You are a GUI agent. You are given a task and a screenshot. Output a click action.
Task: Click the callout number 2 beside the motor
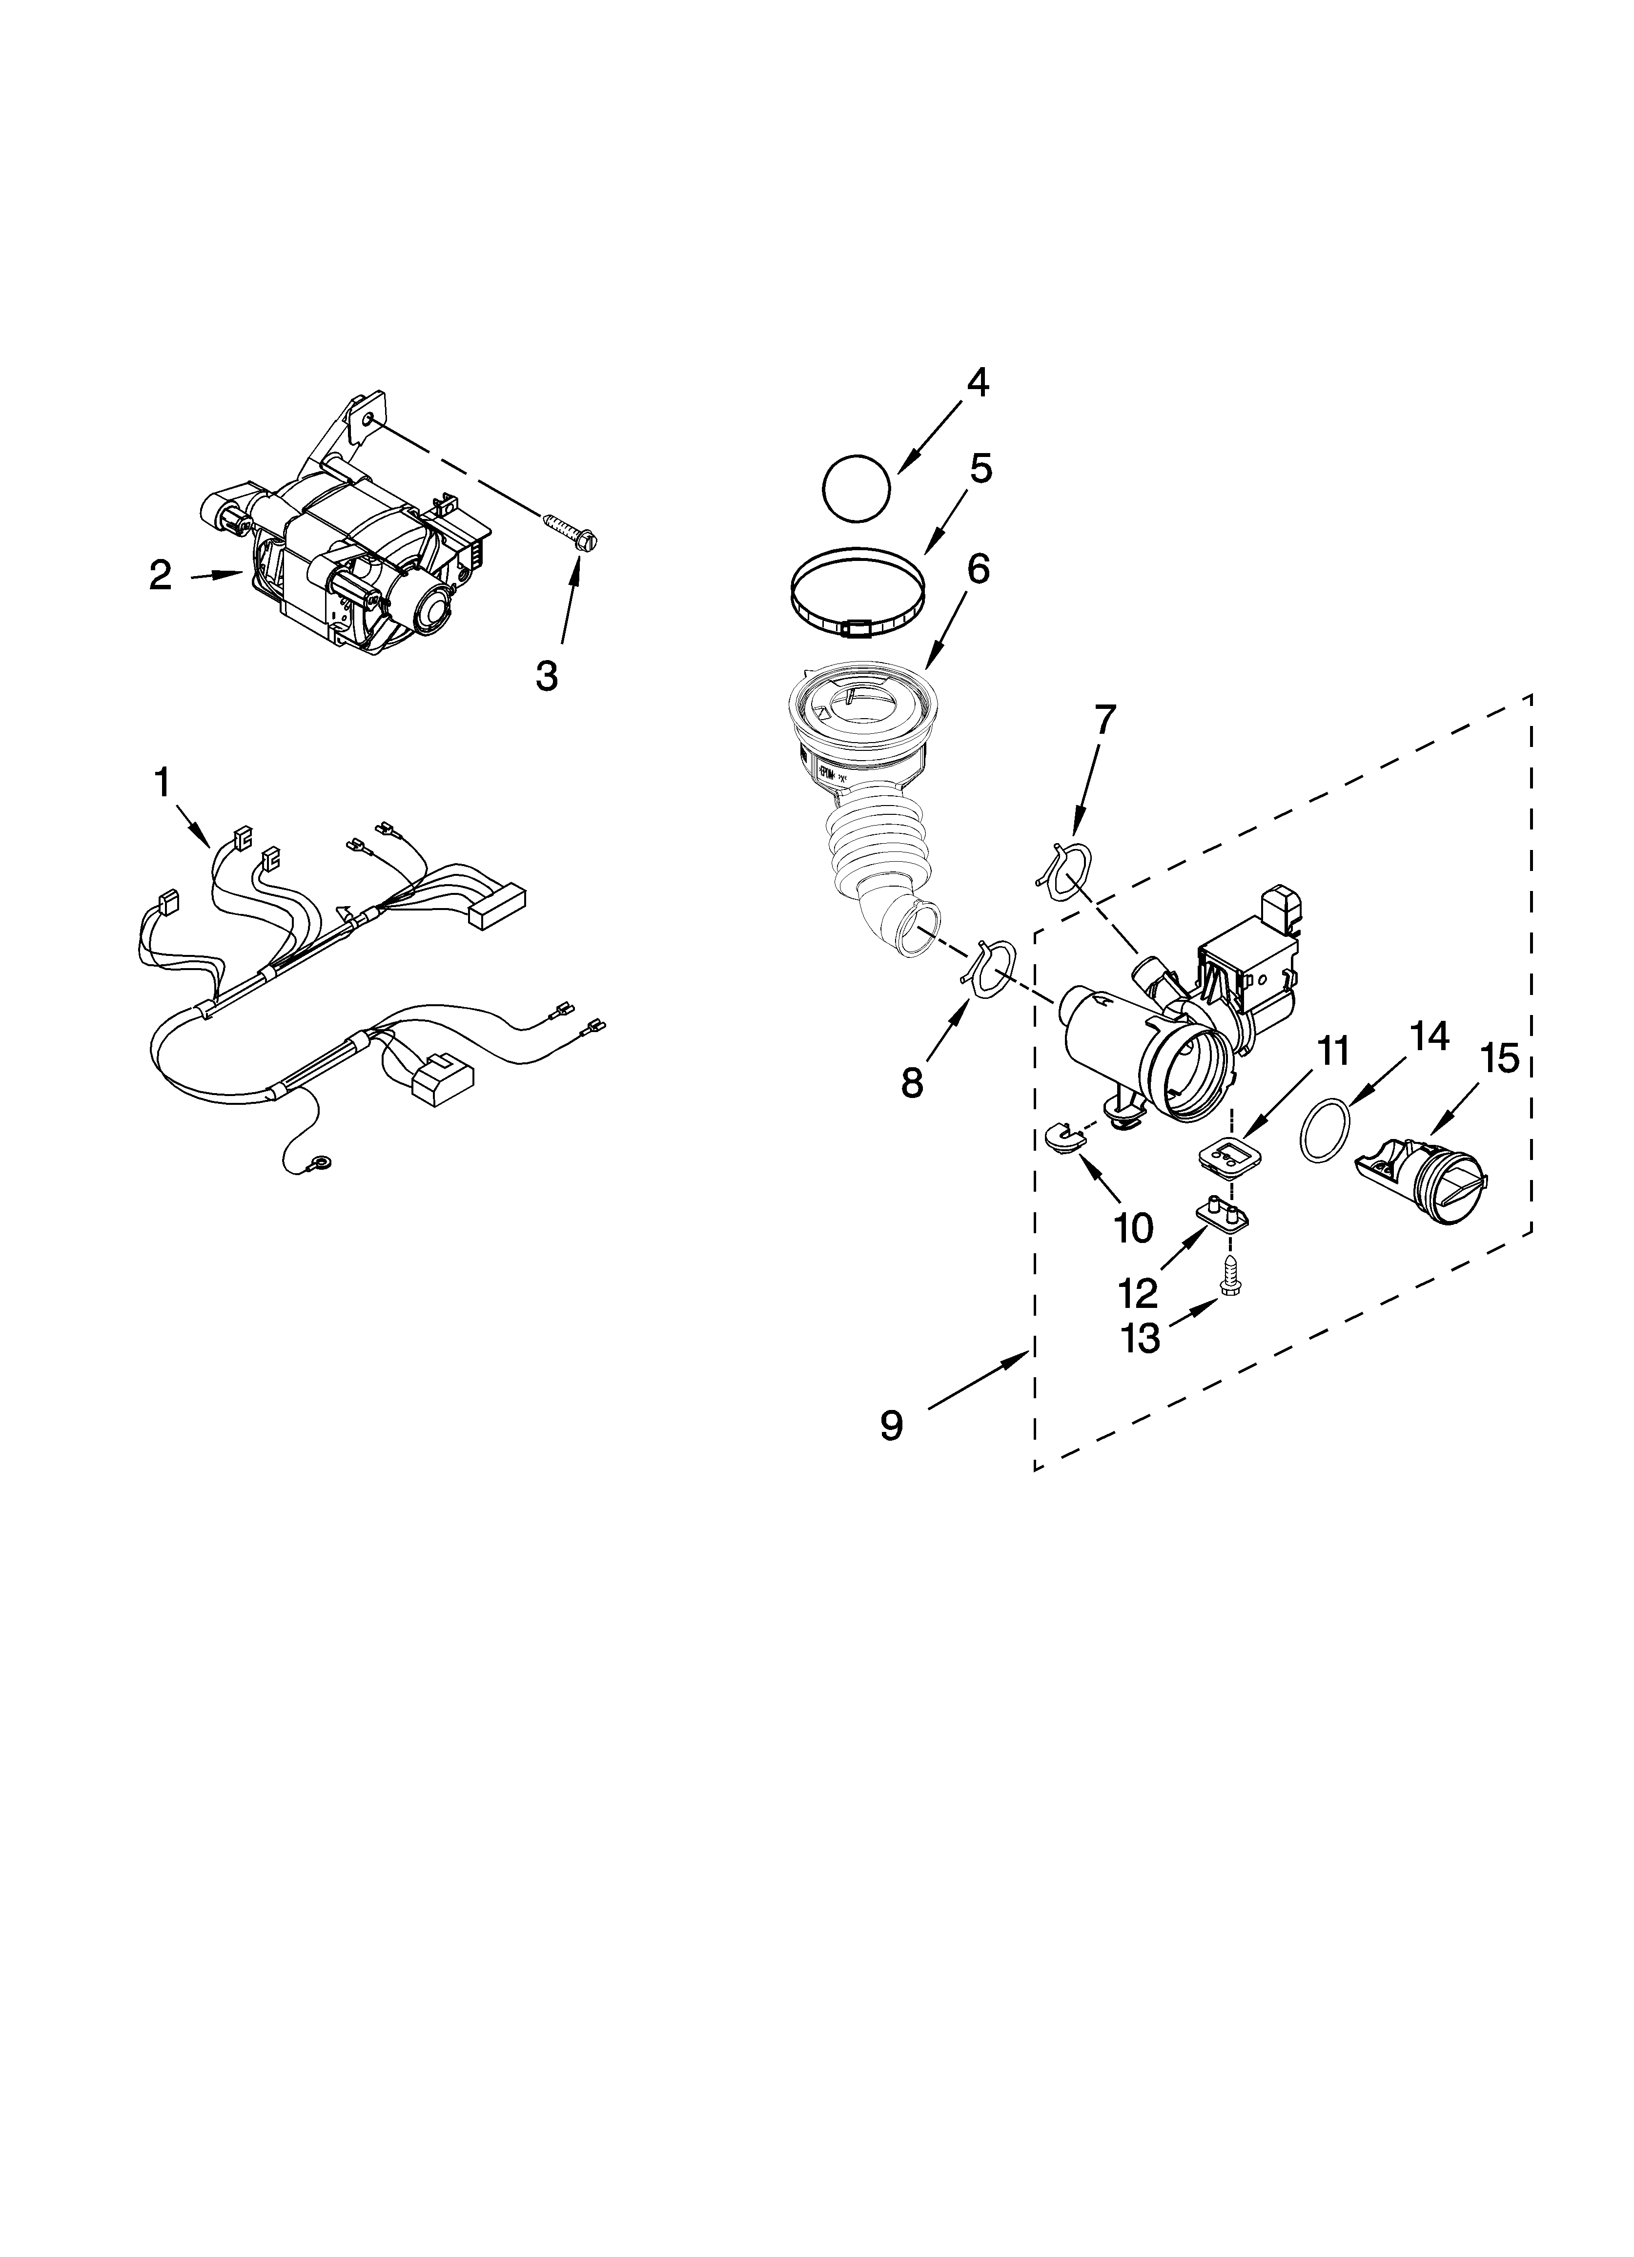(x=160, y=575)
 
